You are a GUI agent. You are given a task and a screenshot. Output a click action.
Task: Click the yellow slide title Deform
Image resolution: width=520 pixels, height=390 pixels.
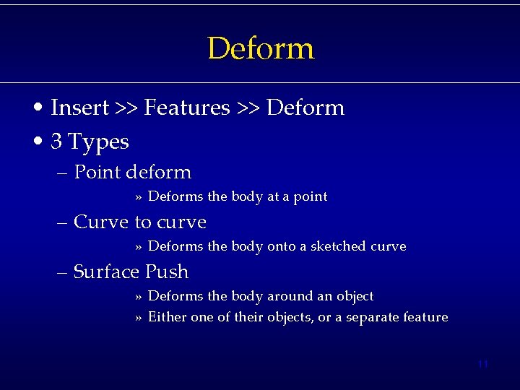pyautogui.click(x=261, y=49)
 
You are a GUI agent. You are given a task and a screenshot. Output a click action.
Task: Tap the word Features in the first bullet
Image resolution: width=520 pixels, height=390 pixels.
pyautogui.click(x=186, y=108)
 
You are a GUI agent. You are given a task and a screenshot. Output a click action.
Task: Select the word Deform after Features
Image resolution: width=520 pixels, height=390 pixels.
pyautogui.click(x=305, y=108)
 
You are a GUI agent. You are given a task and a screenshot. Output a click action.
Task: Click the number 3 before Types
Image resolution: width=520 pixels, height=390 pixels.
pyautogui.click(x=56, y=141)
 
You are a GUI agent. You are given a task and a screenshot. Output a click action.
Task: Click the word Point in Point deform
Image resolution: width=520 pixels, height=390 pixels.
pyautogui.click(x=97, y=172)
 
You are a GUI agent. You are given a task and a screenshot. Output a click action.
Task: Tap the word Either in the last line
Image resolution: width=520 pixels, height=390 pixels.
pyautogui.click(x=167, y=317)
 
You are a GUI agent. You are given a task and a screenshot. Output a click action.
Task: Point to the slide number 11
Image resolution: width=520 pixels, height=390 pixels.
pyautogui.click(x=483, y=364)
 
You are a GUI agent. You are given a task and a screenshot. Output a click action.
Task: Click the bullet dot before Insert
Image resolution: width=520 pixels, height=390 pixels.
pyautogui.click(x=43, y=108)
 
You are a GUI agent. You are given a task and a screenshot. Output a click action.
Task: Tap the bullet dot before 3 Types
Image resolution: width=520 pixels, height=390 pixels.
pyautogui.click(x=43, y=142)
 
